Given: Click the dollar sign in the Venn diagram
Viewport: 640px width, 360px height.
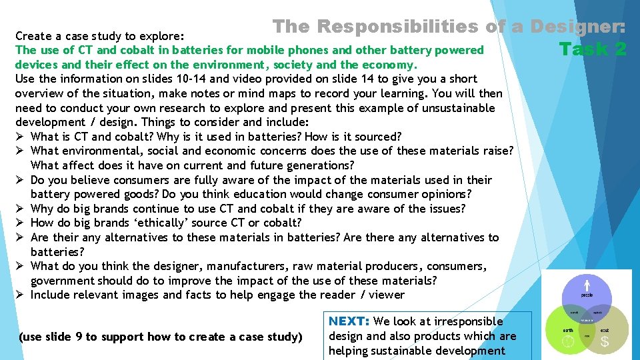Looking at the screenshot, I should click(x=604, y=341).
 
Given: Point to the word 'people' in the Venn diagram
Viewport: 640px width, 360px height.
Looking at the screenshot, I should click(x=587, y=295).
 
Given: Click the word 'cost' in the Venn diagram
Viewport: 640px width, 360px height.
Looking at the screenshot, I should click(x=605, y=330).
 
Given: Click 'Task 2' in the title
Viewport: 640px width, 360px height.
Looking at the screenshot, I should click(x=593, y=49).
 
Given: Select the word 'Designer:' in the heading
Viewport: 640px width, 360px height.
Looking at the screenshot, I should click(x=578, y=27).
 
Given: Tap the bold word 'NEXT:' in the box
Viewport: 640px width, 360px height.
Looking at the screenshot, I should click(x=350, y=321).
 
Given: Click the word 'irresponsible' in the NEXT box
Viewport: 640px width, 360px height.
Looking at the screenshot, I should click(x=469, y=321).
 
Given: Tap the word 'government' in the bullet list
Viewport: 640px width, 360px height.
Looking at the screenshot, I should click(x=64, y=281).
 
